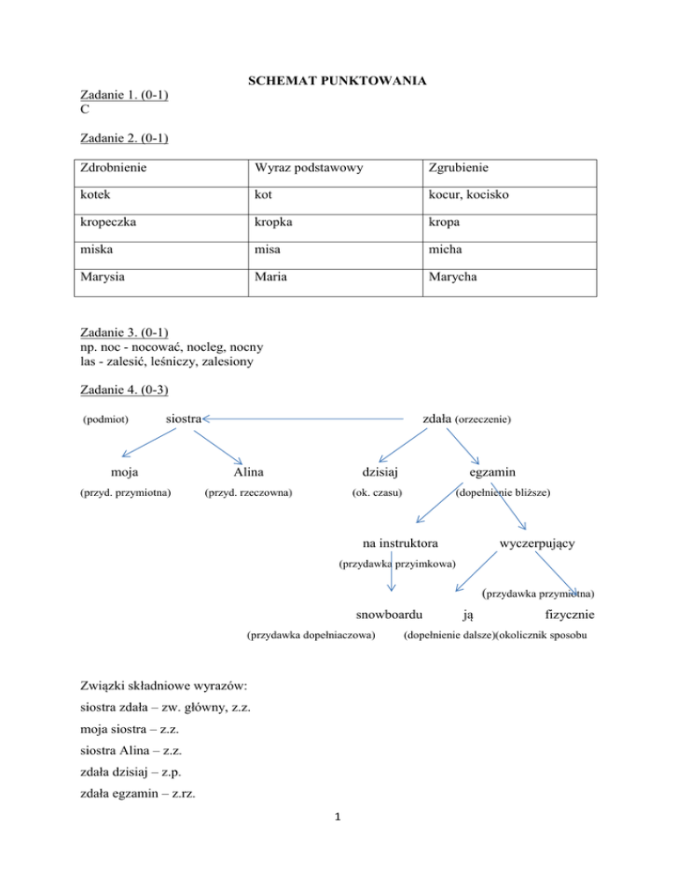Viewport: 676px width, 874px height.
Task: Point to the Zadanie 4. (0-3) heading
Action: click(x=124, y=390)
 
